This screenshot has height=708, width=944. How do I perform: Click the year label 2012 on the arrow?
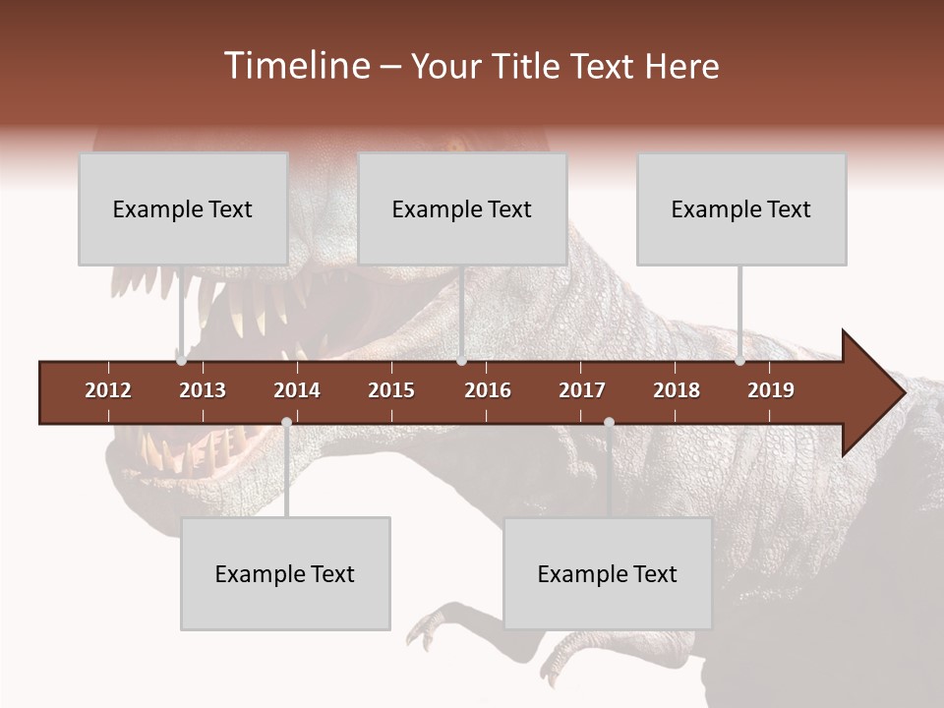[x=108, y=390]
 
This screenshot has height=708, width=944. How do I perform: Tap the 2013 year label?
[x=203, y=390]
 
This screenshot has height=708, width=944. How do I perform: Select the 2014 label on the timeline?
[x=297, y=390]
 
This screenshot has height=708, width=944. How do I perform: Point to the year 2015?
[x=391, y=390]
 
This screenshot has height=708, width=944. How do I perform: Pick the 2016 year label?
[x=488, y=390]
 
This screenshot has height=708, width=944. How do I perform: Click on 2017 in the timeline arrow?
[x=582, y=390]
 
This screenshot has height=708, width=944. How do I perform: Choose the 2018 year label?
[x=677, y=390]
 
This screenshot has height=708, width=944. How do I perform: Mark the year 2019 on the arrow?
[x=771, y=390]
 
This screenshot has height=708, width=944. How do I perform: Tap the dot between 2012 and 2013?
[x=182, y=361]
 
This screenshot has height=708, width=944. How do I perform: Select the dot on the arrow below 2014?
[x=286, y=422]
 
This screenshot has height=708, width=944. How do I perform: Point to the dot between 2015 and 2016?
[x=461, y=361]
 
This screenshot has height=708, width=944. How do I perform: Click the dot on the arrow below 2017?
[x=609, y=422]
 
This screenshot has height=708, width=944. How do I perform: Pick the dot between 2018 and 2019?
[x=739, y=361]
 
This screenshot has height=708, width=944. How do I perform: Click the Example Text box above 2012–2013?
[x=183, y=208]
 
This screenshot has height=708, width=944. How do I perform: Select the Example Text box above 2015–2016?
[x=462, y=208]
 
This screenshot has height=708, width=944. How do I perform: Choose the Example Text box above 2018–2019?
[x=741, y=208]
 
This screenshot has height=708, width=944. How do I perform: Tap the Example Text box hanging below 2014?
[x=285, y=573]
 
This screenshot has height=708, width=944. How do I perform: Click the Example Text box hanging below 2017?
[x=608, y=573]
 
